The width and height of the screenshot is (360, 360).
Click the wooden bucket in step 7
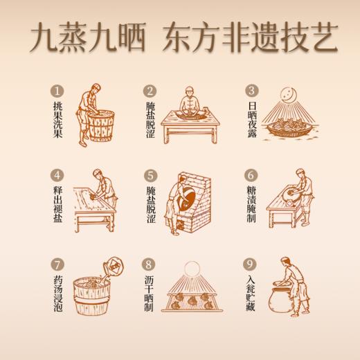click(89, 294)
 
